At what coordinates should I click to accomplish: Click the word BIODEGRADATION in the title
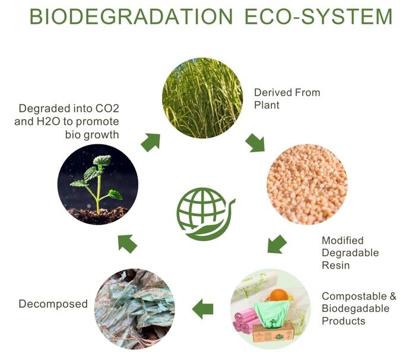coord(131,17)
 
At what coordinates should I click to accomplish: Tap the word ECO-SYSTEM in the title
coord(319,17)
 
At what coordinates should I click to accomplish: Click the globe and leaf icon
coord(205,214)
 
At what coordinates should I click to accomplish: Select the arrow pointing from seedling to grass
coord(151,142)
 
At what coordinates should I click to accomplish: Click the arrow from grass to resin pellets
coord(255,143)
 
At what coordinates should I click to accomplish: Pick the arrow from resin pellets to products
coord(277,244)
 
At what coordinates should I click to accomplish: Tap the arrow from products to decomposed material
coord(202,309)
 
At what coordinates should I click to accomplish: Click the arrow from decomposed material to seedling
coord(127,244)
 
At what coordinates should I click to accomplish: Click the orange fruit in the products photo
coord(279,295)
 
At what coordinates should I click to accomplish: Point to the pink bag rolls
coord(245,320)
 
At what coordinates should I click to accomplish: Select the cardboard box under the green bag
coord(273,333)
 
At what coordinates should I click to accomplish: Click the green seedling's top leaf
coord(102,160)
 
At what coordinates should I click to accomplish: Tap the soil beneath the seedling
coord(99,215)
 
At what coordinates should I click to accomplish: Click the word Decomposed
coord(53,304)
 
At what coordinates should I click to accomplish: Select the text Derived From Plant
coord(287,99)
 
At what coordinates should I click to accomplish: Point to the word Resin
coord(335,265)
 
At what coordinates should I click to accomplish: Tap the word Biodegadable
coord(356,308)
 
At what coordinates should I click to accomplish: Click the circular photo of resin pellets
coord(307,184)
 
